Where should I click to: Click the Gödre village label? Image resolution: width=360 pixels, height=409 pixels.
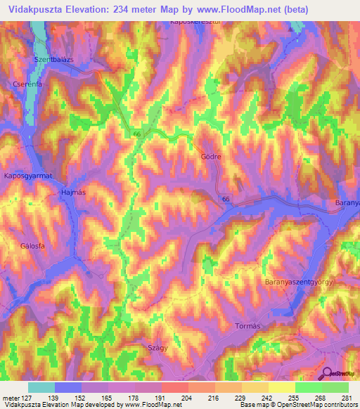tap(211, 157)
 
